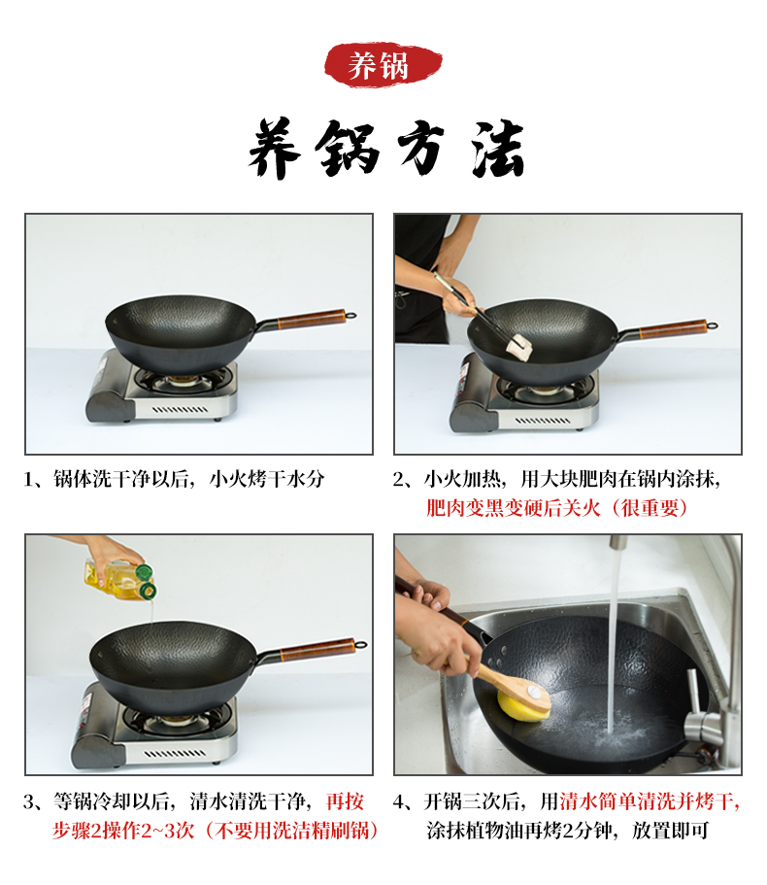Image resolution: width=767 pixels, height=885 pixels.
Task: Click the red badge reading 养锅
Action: pos(383,65)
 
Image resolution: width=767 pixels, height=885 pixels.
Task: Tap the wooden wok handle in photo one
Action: pos(312,318)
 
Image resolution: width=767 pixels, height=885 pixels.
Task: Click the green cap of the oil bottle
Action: pos(147,581)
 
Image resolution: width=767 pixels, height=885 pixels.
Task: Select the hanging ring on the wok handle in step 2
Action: pos(713,325)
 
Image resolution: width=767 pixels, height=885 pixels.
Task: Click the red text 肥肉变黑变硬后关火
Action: pos(514,508)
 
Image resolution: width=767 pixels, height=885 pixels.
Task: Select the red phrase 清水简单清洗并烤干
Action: pos(648,801)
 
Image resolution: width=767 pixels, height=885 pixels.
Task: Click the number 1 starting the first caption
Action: pos(29,479)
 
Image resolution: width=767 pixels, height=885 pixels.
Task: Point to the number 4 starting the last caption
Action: pos(399,802)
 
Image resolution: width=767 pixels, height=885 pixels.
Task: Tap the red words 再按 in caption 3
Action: pos(346,801)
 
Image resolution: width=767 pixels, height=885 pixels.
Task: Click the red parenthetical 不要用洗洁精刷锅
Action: pos(292,831)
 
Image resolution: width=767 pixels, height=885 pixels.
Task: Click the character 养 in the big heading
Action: pos(275,149)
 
